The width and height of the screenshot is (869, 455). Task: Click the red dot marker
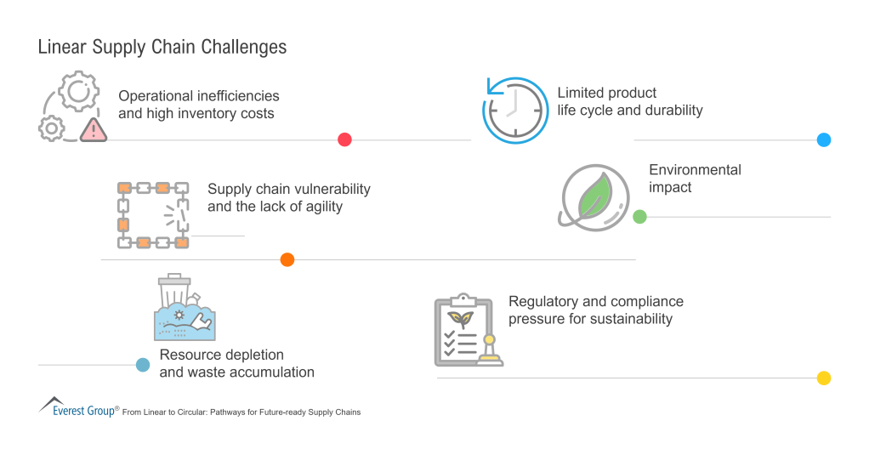pos(344,139)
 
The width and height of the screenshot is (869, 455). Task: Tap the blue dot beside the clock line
pos(823,139)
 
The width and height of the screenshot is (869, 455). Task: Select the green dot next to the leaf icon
pos(639,217)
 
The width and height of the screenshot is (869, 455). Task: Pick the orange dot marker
pos(287,259)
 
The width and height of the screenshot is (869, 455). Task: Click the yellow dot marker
pos(823,378)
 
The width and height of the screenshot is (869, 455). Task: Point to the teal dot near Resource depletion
pos(143,365)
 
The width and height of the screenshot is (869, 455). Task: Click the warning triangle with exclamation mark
pos(93,130)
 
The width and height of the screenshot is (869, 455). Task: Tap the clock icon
pos(514,111)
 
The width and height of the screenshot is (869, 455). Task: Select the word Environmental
pos(695,169)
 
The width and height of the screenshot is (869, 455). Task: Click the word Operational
pos(157,95)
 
